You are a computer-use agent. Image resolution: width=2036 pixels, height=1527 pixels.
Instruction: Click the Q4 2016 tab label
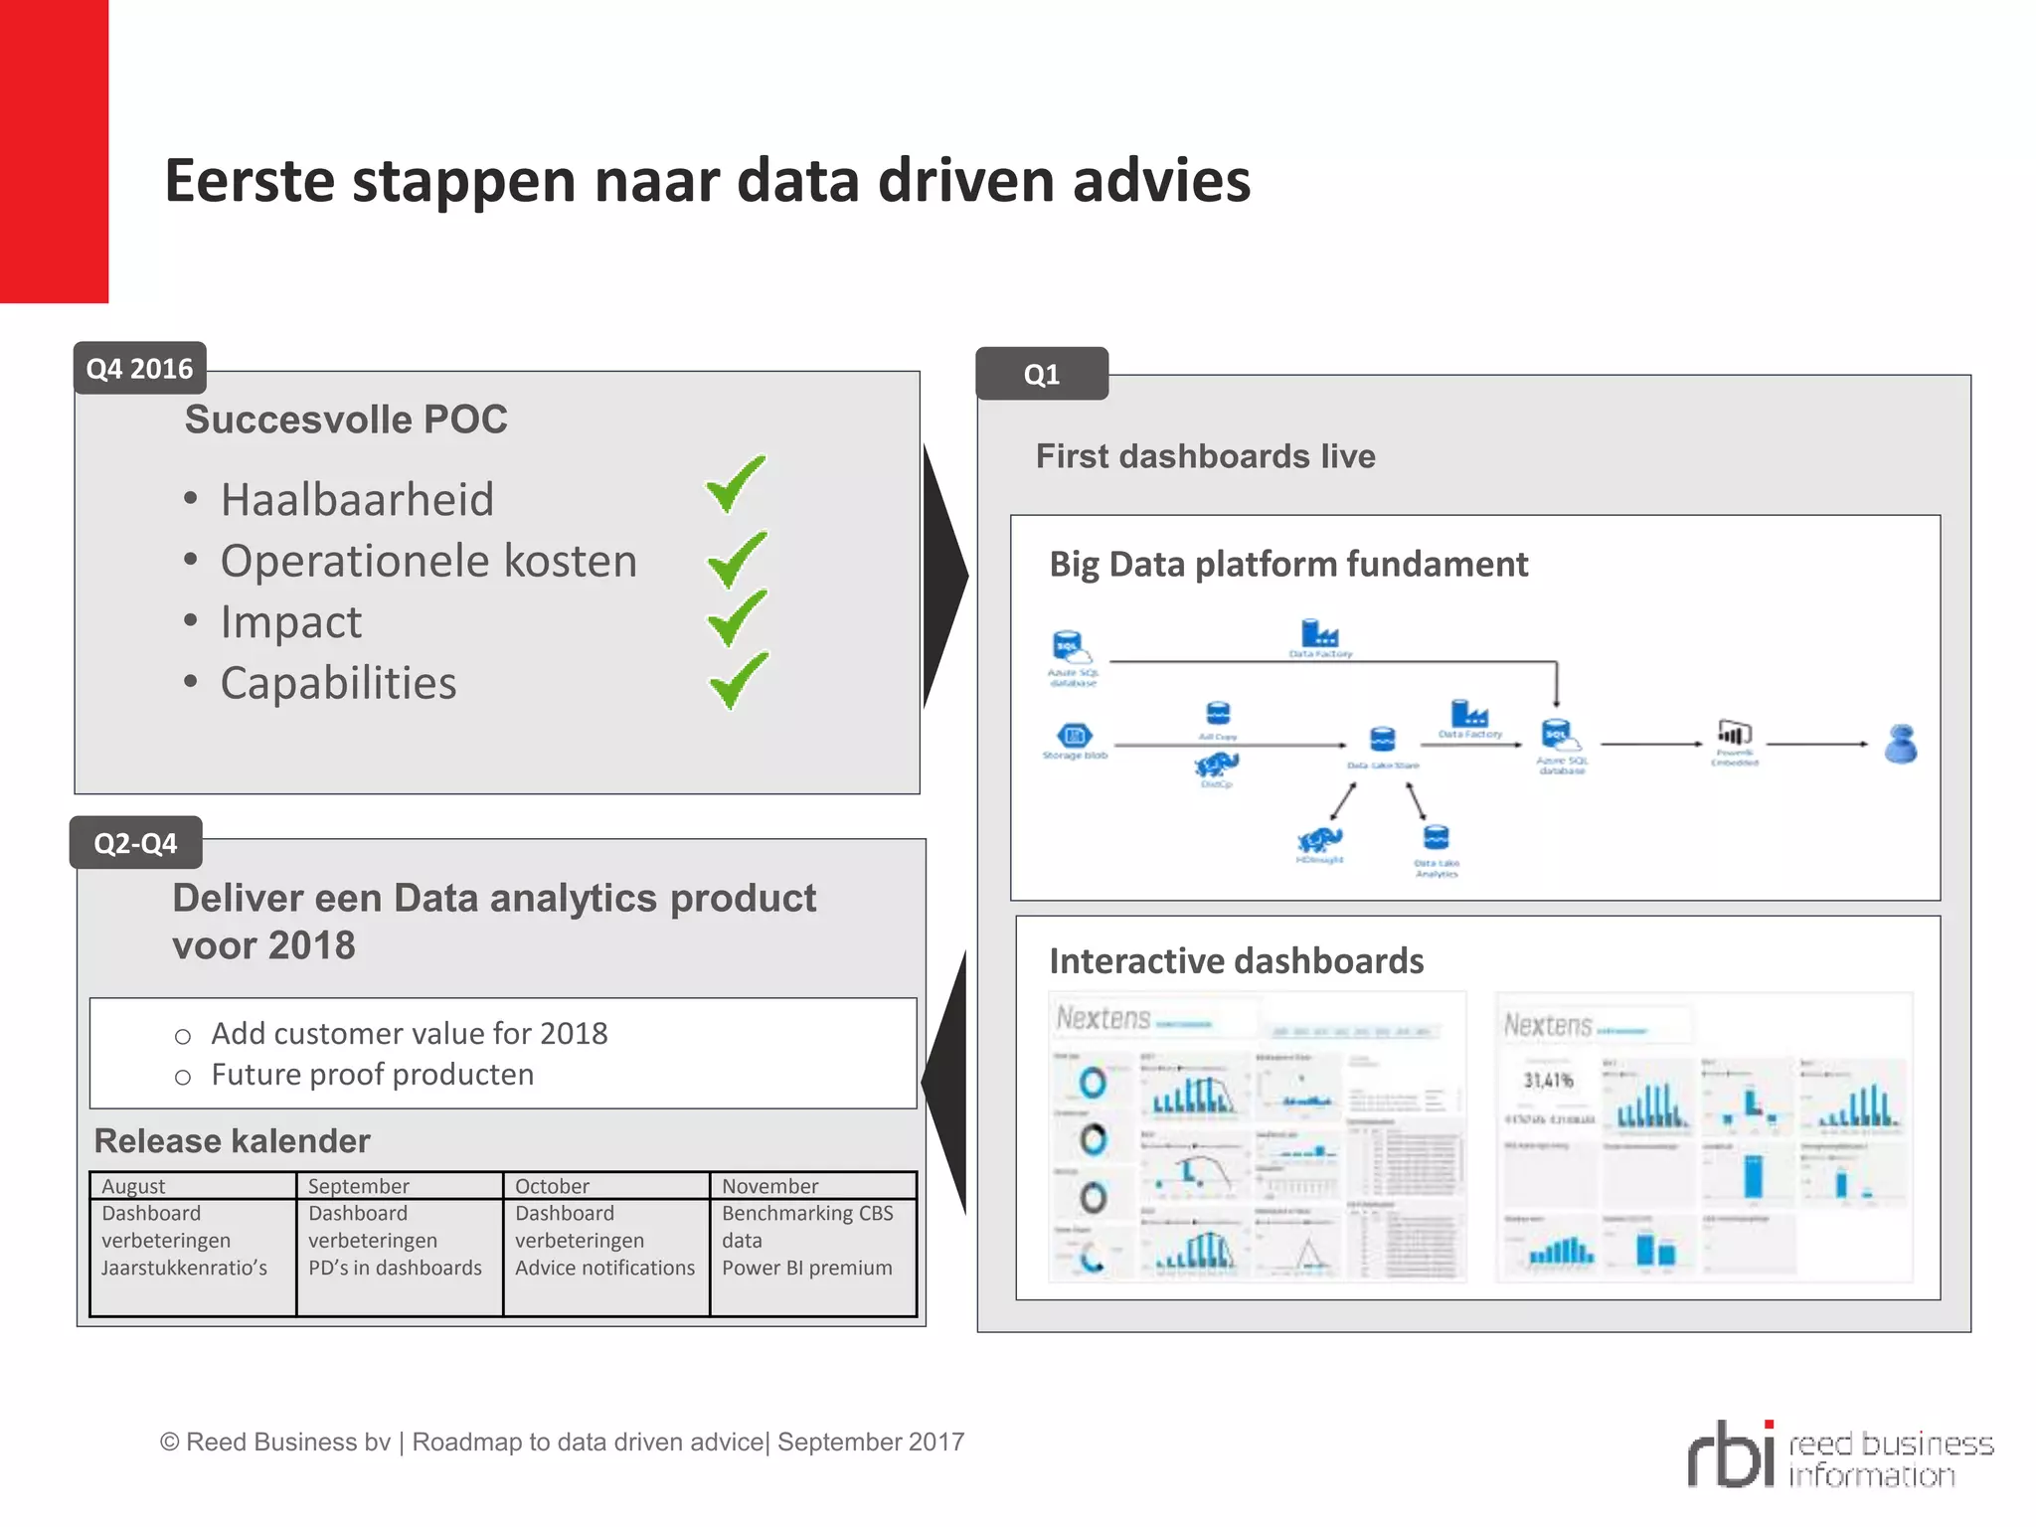(139, 369)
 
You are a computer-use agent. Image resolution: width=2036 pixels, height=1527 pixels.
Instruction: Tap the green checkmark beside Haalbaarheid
(736, 483)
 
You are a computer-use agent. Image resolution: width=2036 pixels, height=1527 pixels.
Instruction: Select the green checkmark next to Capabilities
(739, 680)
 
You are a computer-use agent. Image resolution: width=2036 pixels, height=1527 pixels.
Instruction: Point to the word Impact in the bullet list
(290, 622)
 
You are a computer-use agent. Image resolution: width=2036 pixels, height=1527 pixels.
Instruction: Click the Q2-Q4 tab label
(135, 843)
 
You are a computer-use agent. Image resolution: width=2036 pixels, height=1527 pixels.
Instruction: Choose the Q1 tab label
(1041, 375)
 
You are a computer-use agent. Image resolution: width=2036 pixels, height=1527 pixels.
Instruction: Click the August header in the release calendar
(133, 1186)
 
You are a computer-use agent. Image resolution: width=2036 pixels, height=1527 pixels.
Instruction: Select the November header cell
(769, 1186)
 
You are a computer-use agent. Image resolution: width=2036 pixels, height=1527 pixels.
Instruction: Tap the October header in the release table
(552, 1186)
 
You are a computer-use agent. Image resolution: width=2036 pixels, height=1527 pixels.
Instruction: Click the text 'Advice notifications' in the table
(604, 1268)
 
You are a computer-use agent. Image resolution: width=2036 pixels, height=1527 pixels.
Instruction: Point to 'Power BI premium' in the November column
(806, 1268)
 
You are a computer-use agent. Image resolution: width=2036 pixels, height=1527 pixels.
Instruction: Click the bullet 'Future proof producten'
(372, 1075)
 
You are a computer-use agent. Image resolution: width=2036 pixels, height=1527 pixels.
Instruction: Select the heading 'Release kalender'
(232, 1140)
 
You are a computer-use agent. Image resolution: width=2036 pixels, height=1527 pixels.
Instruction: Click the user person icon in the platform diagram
(1901, 744)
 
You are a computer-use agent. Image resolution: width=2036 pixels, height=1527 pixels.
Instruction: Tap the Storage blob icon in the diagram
(1074, 737)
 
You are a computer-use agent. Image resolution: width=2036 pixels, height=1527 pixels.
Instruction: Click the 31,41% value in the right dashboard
(1548, 1081)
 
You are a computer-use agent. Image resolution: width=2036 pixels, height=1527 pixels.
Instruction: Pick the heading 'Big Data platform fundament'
(1287, 565)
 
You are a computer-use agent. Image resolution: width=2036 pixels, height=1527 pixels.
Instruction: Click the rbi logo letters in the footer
(1731, 1453)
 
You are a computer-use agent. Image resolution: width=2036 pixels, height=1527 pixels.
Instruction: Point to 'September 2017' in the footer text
(871, 1442)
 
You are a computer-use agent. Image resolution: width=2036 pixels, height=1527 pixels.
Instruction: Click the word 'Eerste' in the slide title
(250, 181)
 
